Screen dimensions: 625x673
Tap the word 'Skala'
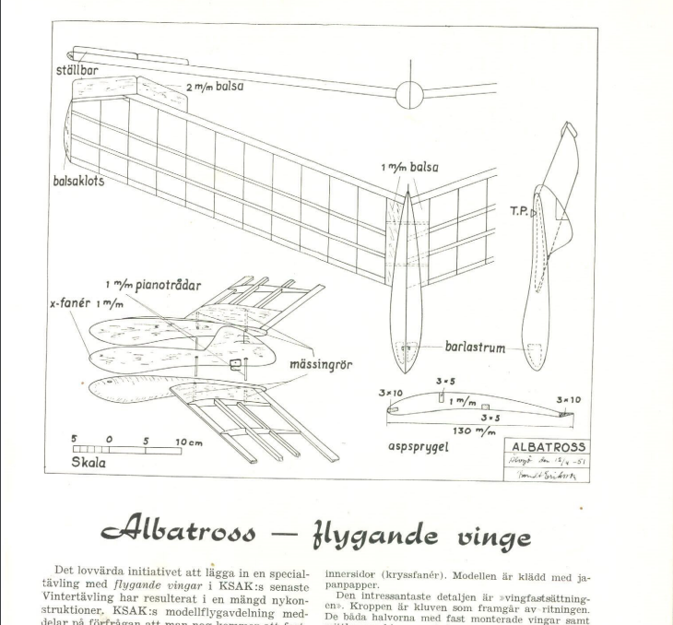point(90,463)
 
